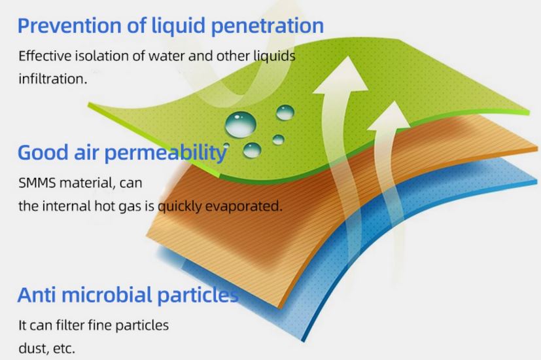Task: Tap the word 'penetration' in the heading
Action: tap(267, 26)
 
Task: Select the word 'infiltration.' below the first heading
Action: tap(53, 79)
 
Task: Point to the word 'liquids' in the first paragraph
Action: tap(275, 56)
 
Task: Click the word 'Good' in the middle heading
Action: tap(43, 153)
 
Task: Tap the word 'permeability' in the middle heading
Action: tap(166, 153)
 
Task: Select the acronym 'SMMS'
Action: tap(37, 183)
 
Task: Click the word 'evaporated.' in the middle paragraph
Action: tap(243, 206)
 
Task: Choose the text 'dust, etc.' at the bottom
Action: tap(46, 348)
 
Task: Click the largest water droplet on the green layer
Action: tap(241, 124)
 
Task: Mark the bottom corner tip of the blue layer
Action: tap(304, 341)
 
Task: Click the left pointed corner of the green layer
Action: tap(89, 104)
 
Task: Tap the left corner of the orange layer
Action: tap(147, 236)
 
